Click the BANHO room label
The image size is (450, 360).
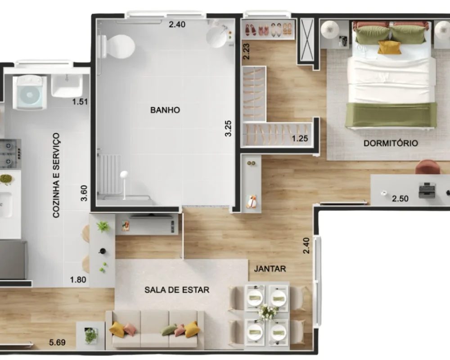(x=165, y=110)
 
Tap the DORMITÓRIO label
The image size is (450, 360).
(x=391, y=143)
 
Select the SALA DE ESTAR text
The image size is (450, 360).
(x=177, y=290)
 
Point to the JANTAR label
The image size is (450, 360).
(x=270, y=269)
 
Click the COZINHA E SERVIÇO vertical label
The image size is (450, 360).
(x=56, y=175)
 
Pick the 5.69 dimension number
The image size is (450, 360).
(x=58, y=342)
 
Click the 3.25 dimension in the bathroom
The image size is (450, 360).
(x=228, y=128)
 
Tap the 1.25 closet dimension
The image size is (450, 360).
(x=300, y=139)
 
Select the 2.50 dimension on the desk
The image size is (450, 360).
(x=400, y=198)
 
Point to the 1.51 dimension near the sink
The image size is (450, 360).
(x=80, y=102)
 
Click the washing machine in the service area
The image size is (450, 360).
(x=30, y=92)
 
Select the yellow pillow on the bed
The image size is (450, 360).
(x=389, y=47)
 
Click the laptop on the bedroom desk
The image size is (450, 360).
(x=427, y=190)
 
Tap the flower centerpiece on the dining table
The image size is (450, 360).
(x=267, y=312)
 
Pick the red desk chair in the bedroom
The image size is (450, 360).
(x=427, y=167)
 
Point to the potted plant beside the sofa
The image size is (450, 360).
(x=91, y=335)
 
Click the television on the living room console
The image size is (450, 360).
(x=151, y=216)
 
